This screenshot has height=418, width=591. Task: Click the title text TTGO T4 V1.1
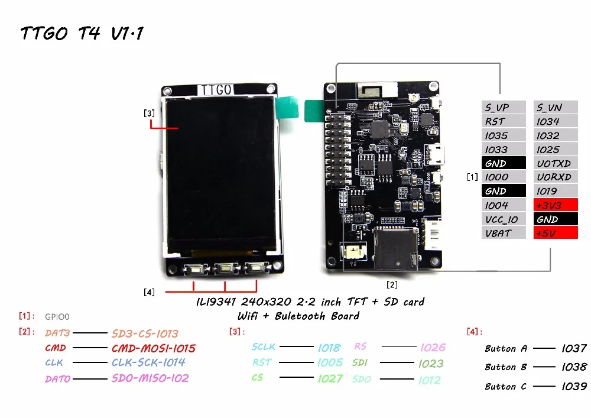[82, 33]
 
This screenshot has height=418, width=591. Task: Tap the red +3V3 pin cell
[556, 205]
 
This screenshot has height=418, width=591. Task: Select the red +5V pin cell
[556, 233]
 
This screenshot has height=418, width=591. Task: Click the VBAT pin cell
[504, 233]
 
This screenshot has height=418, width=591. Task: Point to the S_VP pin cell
[504, 107]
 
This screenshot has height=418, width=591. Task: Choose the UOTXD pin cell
[556, 163]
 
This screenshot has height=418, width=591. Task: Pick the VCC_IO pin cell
[504, 219]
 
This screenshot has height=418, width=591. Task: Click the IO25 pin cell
[556, 149]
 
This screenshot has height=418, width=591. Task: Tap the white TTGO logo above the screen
[216, 90]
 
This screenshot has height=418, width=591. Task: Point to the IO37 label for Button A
[574, 348]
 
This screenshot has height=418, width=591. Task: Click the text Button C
[505, 386]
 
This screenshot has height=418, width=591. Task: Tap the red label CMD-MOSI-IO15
[154, 348]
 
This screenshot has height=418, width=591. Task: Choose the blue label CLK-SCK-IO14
[148, 362]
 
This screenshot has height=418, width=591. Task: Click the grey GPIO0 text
[57, 317]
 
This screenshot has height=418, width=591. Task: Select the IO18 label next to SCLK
[329, 348]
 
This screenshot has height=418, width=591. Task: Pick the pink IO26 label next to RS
[433, 347]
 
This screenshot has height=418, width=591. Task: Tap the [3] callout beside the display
[149, 113]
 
